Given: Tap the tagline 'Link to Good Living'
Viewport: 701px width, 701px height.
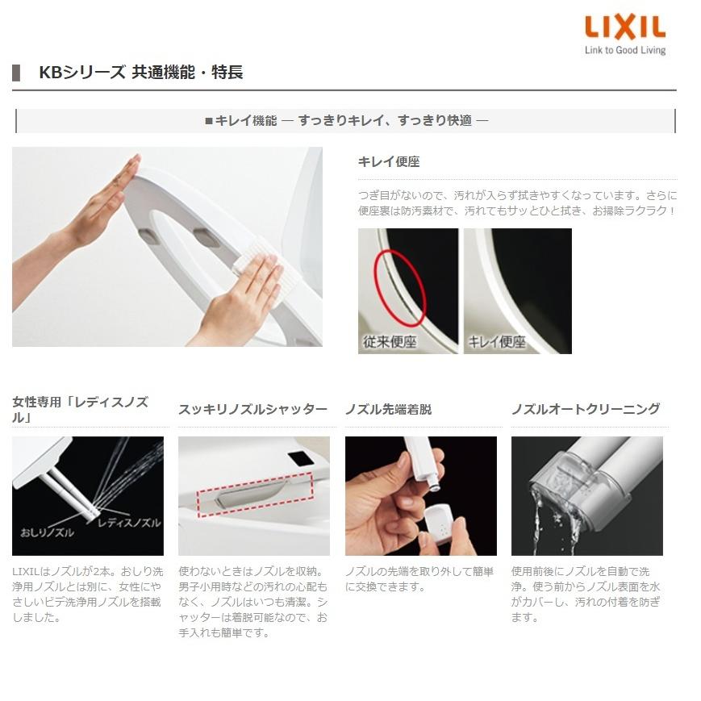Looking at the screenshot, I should click(625, 50).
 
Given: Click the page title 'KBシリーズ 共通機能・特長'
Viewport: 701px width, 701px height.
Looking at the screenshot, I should click(140, 73).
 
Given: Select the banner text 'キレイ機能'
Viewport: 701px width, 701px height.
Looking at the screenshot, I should click(245, 121).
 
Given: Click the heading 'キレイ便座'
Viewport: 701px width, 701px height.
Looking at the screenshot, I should click(389, 161).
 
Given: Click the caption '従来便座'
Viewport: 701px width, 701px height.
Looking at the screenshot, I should click(390, 341).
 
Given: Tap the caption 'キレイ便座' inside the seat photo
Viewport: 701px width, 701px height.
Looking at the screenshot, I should click(497, 341).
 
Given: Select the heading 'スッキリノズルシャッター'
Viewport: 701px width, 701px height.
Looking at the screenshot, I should click(252, 409).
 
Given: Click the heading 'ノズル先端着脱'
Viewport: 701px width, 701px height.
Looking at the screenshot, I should click(388, 409).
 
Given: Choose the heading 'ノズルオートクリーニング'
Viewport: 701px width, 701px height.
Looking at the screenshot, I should click(586, 409).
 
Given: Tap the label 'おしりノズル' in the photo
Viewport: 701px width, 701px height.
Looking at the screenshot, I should click(47, 532).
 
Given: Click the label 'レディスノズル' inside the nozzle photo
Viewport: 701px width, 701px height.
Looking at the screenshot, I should click(128, 523).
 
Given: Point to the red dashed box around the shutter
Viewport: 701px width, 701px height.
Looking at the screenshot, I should click(254, 494).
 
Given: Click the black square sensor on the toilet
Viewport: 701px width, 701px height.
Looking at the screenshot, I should click(300, 457).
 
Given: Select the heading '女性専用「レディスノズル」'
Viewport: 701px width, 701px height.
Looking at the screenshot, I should click(80, 409).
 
